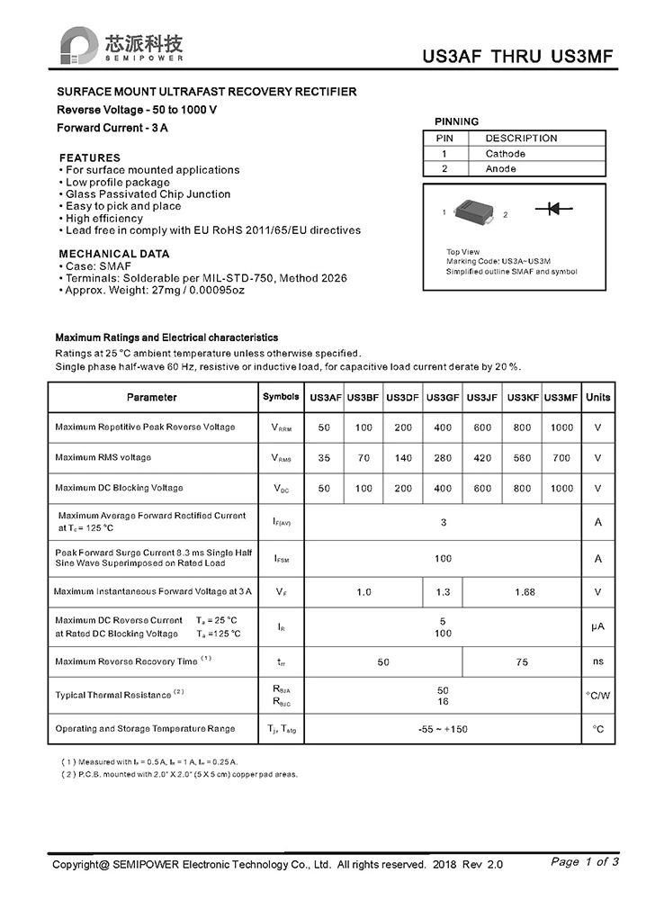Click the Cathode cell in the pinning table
pyautogui.click(x=505, y=154)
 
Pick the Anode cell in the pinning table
pyautogui.click(x=500, y=168)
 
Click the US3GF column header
pyautogui.click(x=443, y=398)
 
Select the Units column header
pyautogui.click(x=597, y=398)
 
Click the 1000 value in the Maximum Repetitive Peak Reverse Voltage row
pyautogui.click(x=561, y=427)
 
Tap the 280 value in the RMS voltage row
pyautogui.click(x=443, y=458)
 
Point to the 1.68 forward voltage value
pyautogui.click(x=525, y=592)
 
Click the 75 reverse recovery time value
pyautogui.click(x=522, y=662)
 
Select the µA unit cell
pyautogui.click(x=597, y=626)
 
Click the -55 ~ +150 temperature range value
pyautogui.click(x=443, y=729)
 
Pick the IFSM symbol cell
pyautogui.click(x=281, y=559)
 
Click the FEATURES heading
pyautogui.click(x=89, y=157)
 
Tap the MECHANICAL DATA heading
pyautogui.click(x=113, y=254)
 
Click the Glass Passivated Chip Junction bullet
pyautogui.click(x=148, y=194)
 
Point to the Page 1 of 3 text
pyautogui.click(x=584, y=862)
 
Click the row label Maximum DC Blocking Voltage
pyautogui.click(x=119, y=488)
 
